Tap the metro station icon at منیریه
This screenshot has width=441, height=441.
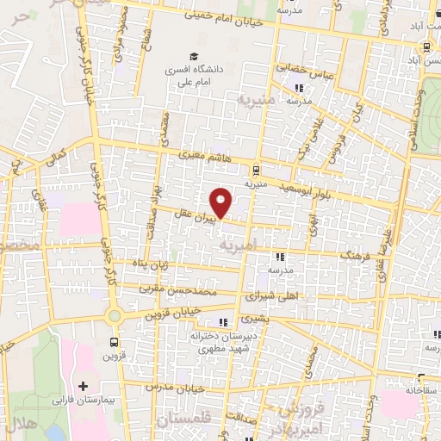257,171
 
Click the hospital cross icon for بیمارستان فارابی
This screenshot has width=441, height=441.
83,387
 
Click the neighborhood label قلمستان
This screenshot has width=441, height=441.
183,421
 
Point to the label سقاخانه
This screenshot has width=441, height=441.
418,389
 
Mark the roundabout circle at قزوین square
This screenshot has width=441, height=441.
115,316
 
